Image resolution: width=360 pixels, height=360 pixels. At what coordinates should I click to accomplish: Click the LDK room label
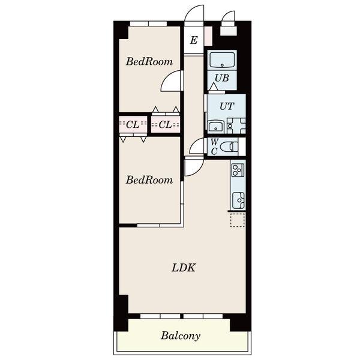click(184, 268)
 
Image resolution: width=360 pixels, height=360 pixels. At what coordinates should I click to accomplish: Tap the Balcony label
click(181, 336)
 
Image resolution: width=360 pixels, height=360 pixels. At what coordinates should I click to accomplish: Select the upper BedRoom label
click(149, 62)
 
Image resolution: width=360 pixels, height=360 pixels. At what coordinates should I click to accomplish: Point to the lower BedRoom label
click(149, 180)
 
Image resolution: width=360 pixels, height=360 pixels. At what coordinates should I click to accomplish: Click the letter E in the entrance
click(194, 40)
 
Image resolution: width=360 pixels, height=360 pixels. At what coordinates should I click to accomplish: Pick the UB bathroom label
click(222, 78)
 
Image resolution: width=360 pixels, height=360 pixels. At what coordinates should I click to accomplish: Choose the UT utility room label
click(227, 106)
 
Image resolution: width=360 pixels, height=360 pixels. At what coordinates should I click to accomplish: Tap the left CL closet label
click(133, 125)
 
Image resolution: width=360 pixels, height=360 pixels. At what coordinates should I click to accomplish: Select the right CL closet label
click(166, 125)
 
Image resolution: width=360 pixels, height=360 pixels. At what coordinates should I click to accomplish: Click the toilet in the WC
click(229, 146)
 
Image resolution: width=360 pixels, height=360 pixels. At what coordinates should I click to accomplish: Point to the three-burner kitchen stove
click(238, 170)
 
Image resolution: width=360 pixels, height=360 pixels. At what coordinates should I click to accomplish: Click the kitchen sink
click(238, 200)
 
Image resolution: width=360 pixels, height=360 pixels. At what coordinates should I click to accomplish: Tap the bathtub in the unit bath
click(222, 59)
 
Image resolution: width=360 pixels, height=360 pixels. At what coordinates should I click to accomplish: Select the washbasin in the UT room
click(215, 126)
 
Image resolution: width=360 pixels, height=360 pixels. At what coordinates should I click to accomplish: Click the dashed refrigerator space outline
click(238, 220)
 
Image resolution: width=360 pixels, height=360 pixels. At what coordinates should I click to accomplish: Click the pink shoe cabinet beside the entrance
click(209, 36)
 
